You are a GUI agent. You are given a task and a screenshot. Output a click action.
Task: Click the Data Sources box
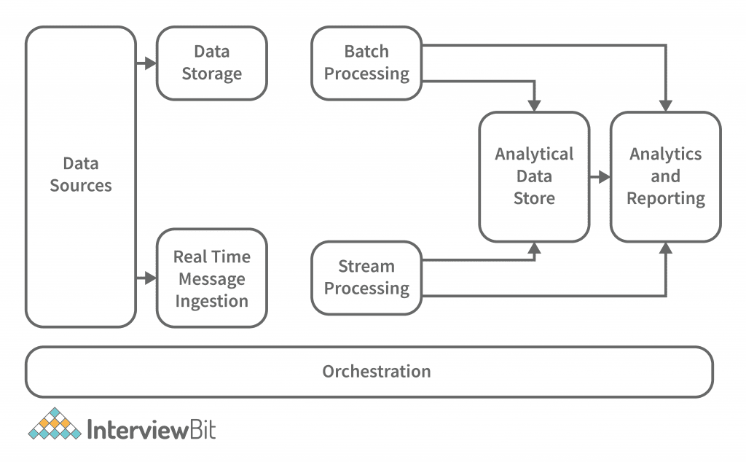coord(81,176)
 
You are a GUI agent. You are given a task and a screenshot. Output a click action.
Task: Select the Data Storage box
coord(212,63)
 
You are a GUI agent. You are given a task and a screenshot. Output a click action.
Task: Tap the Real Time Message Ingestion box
coord(212,278)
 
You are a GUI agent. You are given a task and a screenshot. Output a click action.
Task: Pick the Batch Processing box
coord(366,63)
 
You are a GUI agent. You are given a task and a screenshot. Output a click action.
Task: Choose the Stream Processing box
coord(366,278)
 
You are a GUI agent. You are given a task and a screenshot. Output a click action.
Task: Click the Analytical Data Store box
coord(534,176)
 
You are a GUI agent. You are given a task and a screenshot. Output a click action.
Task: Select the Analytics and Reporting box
coord(666,176)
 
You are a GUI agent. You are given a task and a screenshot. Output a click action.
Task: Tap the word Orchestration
coord(377,372)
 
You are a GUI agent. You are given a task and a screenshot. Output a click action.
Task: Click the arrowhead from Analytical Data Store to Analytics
coord(604,177)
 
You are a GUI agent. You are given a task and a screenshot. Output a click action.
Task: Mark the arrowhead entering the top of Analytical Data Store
coord(535,105)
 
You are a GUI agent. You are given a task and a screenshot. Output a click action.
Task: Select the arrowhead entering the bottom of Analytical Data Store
coord(535,249)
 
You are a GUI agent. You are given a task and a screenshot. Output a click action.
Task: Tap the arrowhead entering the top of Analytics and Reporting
coord(666,105)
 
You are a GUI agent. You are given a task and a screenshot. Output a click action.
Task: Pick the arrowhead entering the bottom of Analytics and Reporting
coord(666,249)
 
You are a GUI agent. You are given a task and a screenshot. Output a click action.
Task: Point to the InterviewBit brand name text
coord(152,428)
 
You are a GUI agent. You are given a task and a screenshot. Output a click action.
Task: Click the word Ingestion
coord(212,301)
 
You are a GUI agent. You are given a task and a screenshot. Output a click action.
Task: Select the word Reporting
coord(666,198)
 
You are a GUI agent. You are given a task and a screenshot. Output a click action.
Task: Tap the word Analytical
coord(534,154)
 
